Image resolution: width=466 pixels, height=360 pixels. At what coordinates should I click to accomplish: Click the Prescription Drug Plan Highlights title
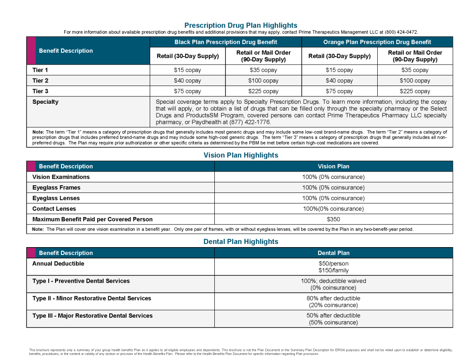[241, 25]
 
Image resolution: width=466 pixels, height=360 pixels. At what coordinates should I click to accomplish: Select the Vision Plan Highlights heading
[241, 155]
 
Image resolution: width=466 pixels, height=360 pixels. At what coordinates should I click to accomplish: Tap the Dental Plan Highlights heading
[241, 242]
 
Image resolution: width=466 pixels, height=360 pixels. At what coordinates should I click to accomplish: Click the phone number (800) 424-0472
[401, 32]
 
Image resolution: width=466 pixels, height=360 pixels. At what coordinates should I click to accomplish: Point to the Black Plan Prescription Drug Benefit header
[226, 42]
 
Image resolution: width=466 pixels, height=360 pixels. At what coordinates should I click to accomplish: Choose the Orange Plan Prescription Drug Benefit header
[377, 42]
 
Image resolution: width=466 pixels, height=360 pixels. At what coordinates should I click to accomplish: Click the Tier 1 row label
[40, 70]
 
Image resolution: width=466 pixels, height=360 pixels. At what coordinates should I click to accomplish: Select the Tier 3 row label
[40, 91]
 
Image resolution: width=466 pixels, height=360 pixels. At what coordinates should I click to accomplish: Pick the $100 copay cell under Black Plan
[263, 81]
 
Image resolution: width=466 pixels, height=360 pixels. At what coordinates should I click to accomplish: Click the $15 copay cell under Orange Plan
[339, 70]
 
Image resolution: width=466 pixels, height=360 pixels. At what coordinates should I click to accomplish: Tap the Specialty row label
[45, 102]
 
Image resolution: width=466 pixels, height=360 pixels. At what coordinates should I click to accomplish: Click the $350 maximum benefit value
[333, 219]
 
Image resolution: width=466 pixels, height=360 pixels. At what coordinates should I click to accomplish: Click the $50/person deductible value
[333, 264]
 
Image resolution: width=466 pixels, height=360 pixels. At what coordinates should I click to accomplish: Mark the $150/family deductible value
[333, 270]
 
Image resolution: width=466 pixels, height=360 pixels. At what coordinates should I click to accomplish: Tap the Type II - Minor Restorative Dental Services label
[91, 299]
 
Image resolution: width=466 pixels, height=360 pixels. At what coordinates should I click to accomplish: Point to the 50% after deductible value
[333, 315]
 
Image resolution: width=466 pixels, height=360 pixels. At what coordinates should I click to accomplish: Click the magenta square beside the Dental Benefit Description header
[31, 253]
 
